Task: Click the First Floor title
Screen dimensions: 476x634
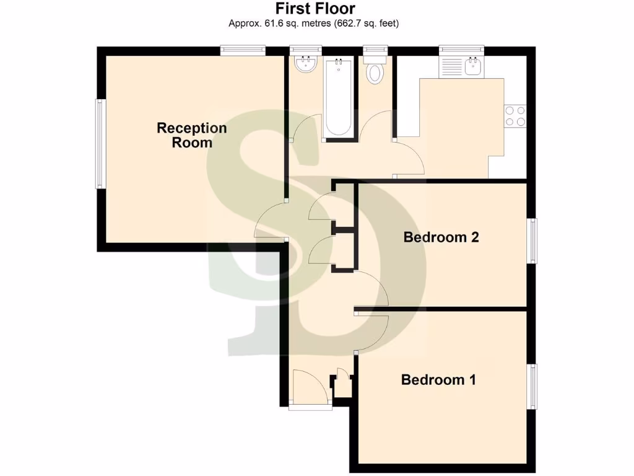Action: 316,9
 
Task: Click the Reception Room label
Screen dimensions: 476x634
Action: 192,135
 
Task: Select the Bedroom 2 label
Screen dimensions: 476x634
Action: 441,237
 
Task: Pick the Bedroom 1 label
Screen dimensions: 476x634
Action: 438,379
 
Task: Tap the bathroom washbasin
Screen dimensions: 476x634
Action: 305,64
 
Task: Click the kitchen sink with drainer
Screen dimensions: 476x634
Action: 461,67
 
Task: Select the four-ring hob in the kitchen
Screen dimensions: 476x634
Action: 515,116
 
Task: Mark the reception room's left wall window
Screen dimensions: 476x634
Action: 98,143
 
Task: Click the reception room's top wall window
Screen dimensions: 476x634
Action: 243,50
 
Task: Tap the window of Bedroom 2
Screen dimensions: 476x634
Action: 532,240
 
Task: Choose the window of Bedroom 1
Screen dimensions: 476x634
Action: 532,387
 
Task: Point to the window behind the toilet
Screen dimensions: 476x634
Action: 375,50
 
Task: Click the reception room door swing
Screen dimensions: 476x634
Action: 271,221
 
